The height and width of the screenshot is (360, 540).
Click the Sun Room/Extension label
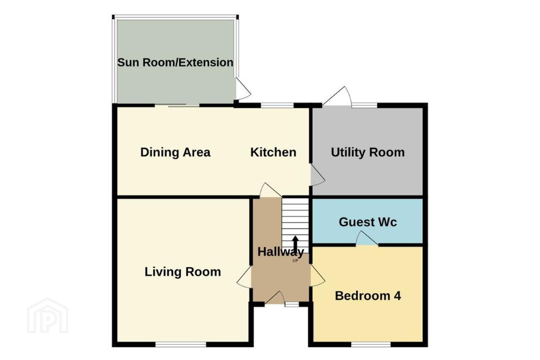coord(175,63)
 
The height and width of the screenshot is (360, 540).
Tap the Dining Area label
coord(175,152)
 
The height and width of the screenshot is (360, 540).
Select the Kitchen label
coord(273,152)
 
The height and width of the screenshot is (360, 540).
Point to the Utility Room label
coord(367,152)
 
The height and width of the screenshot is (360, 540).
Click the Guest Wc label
coord(367,222)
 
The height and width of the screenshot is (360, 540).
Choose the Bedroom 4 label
coord(368,296)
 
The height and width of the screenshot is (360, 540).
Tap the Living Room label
coord(183,272)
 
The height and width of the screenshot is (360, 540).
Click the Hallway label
coord(280,252)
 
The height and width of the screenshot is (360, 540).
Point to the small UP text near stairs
coord(295,261)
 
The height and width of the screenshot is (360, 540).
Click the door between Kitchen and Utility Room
coord(318,175)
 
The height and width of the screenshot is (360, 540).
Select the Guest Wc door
coord(367,238)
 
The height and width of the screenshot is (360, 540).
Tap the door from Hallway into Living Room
coord(244,277)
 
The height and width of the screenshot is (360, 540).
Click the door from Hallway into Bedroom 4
coord(318,276)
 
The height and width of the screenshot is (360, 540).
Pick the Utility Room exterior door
coord(336,96)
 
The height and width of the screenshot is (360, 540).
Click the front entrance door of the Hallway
coord(274,297)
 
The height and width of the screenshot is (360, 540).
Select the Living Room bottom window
coord(181,344)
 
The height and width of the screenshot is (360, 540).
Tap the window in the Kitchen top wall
coord(277,105)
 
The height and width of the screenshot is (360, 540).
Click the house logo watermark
coord(48,316)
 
